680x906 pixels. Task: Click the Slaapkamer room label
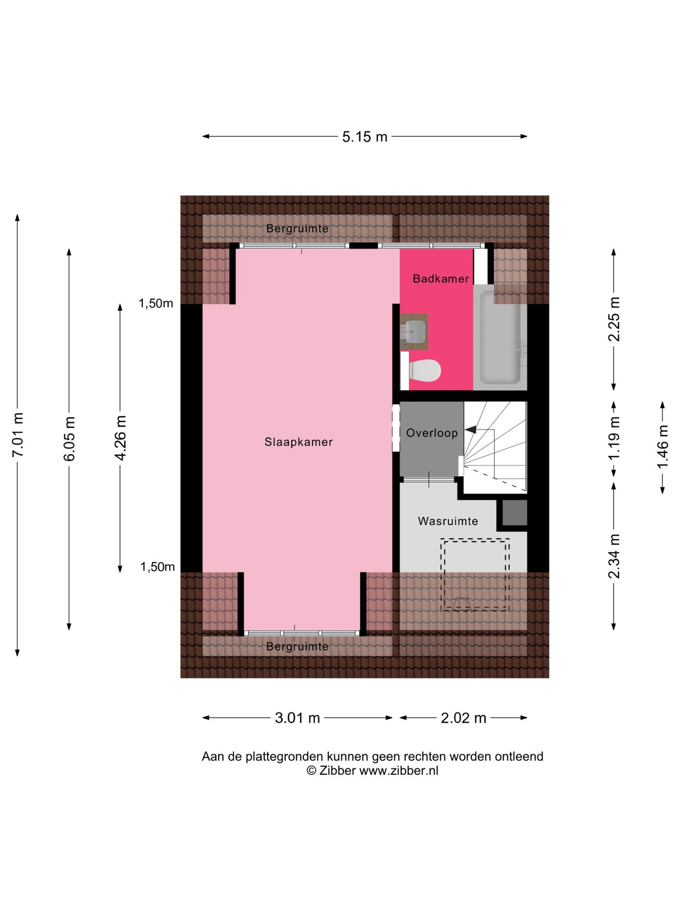click(298, 442)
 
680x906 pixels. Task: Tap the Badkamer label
click(441, 279)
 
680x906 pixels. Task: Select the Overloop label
click(432, 433)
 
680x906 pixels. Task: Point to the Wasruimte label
click(448, 521)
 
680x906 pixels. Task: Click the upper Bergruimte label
click(297, 229)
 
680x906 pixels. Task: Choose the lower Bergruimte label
click(297, 646)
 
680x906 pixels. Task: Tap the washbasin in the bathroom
click(414, 332)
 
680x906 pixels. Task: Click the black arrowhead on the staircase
click(470, 430)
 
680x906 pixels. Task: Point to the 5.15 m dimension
click(365, 137)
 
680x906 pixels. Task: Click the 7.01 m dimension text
click(18, 435)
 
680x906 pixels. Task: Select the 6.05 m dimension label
click(69, 439)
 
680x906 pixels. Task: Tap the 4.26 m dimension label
click(121, 438)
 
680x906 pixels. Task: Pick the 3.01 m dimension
click(297, 718)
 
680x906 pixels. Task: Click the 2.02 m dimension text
click(463, 718)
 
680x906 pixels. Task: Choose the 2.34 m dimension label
click(614, 556)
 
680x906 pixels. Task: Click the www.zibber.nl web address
click(399, 771)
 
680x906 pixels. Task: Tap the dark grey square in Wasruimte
click(515, 513)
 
